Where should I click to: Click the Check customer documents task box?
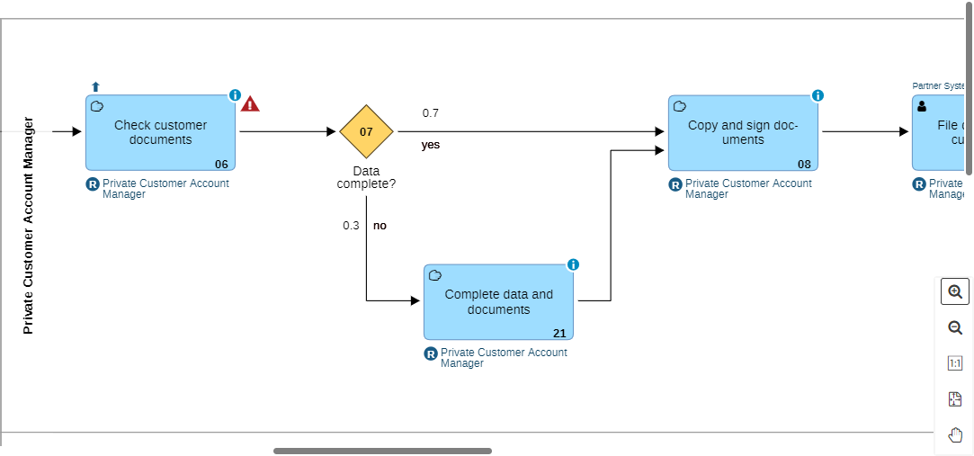[x=160, y=132]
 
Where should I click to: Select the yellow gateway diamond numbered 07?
[x=366, y=131]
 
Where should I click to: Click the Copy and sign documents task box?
[x=743, y=132]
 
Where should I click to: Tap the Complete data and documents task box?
[x=498, y=301]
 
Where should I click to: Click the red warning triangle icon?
[x=250, y=104]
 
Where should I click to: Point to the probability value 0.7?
[x=431, y=113]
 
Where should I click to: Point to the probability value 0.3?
[x=351, y=226]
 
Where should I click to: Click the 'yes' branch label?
[x=430, y=145]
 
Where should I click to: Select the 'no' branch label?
[x=380, y=226]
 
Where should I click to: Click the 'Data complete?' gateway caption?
[x=366, y=177]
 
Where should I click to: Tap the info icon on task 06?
[x=235, y=95]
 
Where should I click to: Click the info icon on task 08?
[x=818, y=95]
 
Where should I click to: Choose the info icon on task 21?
[x=573, y=264]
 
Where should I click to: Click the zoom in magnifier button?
[x=955, y=291]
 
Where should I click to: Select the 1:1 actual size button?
[x=955, y=363]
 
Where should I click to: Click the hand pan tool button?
[x=955, y=435]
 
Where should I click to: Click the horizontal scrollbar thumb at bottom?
[x=382, y=451]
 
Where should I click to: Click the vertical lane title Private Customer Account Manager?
[x=28, y=226]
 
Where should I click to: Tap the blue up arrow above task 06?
[x=95, y=86]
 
